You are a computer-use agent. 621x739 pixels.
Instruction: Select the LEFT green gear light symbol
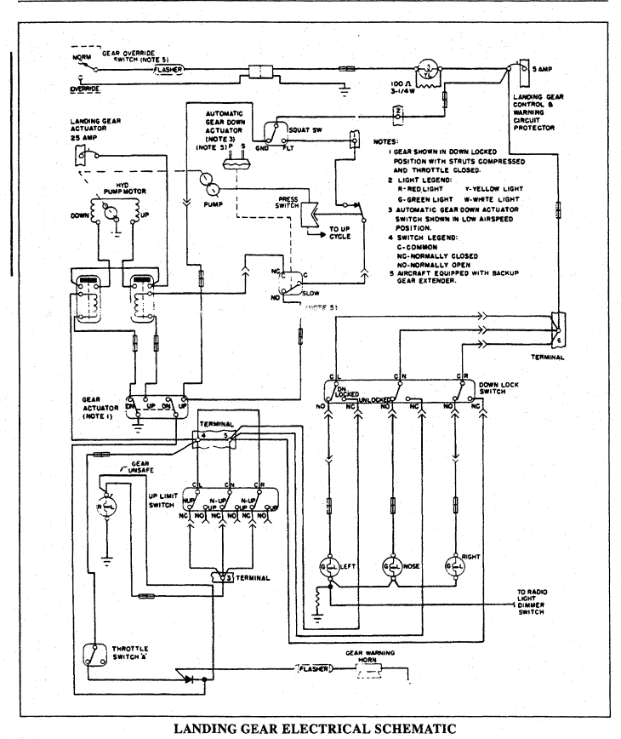327,565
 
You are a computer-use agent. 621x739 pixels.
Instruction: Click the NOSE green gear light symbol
392,565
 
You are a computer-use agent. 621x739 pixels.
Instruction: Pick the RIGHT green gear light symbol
456,565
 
